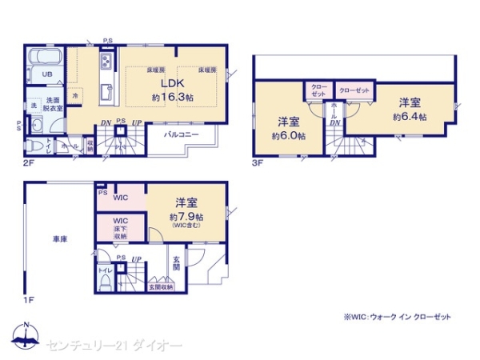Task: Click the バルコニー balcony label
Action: click(x=182, y=134)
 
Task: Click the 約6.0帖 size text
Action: click(x=288, y=136)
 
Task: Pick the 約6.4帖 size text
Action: click(x=410, y=116)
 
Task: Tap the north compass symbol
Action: click(x=26, y=337)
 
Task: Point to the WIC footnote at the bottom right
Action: click(x=398, y=318)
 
